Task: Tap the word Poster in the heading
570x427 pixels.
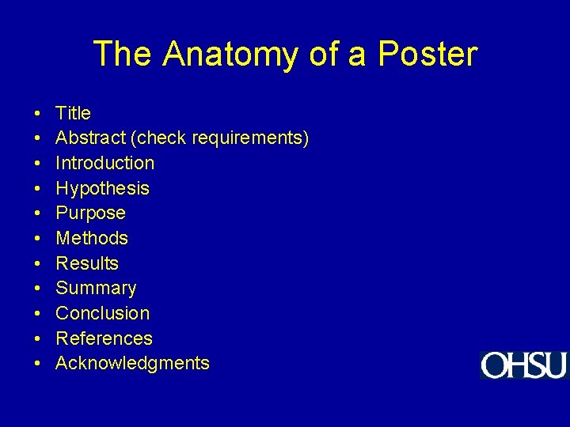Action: (427, 55)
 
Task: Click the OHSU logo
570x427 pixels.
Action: (523, 365)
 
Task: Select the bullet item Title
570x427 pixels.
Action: (73, 113)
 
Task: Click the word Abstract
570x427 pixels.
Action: (91, 138)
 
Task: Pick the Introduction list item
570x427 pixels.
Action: (104, 163)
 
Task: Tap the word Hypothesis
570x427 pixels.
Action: (102, 188)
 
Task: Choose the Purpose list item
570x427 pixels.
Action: (90, 213)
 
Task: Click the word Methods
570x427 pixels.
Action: (92, 238)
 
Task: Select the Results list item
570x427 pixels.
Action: (87, 263)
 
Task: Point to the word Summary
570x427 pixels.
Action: (96, 289)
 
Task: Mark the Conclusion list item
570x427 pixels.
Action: (102, 313)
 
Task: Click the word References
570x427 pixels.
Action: (104, 338)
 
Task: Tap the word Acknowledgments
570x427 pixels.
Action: (132, 364)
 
